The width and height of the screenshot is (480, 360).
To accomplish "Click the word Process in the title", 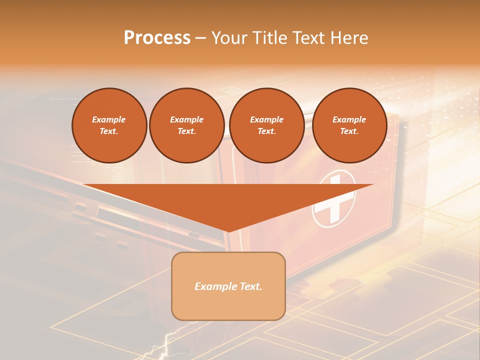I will coord(157,38).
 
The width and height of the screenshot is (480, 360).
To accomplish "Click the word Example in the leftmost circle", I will coord(109,119).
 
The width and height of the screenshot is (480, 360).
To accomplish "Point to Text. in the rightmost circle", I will coord(349,131).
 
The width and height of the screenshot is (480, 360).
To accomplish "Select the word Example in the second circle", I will coord(187,119).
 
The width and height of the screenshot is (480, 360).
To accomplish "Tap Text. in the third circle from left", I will coord(267,131).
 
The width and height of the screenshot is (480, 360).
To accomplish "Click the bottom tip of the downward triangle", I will coord(228,231).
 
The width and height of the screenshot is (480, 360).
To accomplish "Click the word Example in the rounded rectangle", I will coord(215,286).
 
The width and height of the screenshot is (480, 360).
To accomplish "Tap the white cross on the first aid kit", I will coord(333,199).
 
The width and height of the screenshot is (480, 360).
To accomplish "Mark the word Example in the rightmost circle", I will coord(349,119).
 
